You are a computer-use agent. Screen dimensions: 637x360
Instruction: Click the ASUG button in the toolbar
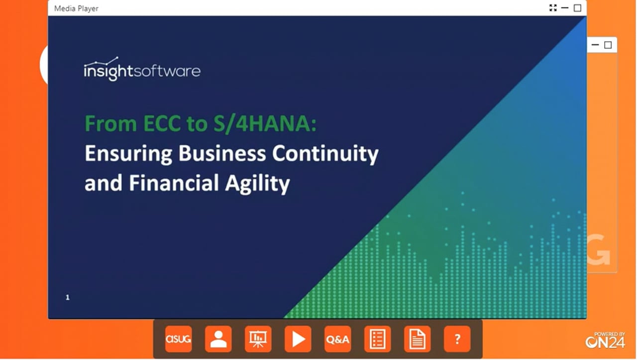[x=178, y=339]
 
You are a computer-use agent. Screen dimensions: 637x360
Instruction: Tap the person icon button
[x=218, y=339]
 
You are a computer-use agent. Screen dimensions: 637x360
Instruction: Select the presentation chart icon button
[x=258, y=339]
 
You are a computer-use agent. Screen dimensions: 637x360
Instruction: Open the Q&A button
[x=337, y=339]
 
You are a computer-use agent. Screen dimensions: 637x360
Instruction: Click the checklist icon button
[x=377, y=339]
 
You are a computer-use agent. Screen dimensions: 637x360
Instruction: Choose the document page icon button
[x=417, y=339]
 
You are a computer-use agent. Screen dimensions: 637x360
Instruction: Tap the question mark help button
[x=457, y=339]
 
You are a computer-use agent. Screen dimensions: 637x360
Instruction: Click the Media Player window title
[x=76, y=8]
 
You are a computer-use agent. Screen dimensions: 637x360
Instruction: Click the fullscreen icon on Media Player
[x=553, y=8]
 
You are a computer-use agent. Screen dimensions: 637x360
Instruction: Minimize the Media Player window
[x=565, y=8]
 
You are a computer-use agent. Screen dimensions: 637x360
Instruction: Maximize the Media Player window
[x=577, y=8]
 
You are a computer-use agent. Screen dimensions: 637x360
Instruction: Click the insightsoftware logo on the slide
[x=142, y=69]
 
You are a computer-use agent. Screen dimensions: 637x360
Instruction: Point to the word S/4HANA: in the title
[x=265, y=123]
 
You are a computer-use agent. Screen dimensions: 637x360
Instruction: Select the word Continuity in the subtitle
[x=325, y=154]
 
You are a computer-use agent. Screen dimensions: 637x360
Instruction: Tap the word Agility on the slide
[x=258, y=184]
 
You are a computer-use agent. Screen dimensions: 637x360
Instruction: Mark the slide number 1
[x=67, y=297]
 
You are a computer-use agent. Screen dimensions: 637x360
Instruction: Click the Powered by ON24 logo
[x=605, y=340]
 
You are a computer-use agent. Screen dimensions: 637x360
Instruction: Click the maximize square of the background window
[x=608, y=45]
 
